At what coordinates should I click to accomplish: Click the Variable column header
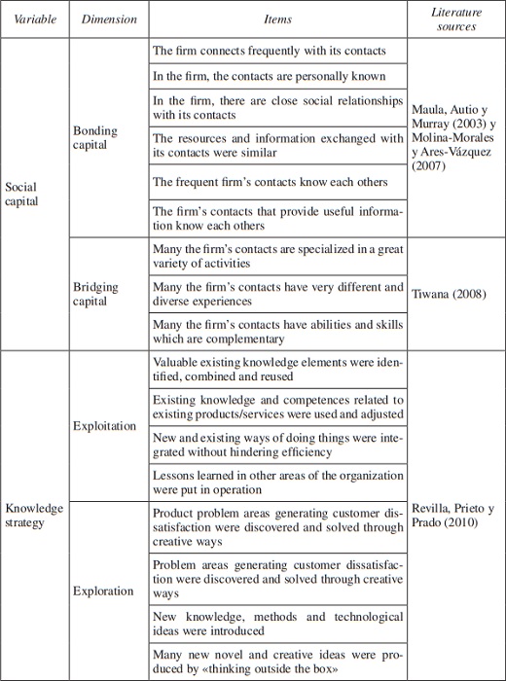tap(36, 19)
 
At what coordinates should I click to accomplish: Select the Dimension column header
tap(109, 19)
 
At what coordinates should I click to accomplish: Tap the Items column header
tap(277, 19)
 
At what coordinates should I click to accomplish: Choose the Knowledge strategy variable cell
tap(34, 516)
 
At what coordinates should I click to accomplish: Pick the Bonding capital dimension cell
tap(95, 138)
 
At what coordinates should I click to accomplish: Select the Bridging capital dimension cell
tap(95, 295)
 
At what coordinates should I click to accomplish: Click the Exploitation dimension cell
tap(104, 426)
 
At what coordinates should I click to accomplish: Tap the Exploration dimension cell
tap(103, 591)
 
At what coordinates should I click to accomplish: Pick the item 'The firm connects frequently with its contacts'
tap(270, 51)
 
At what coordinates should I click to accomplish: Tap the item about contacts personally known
tap(270, 75)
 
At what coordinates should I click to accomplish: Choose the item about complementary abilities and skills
tap(277, 332)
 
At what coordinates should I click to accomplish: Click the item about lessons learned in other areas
tap(277, 483)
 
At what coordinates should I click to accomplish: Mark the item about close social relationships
tap(277, 107)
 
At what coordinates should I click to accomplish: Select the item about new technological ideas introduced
tap(277, 624)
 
